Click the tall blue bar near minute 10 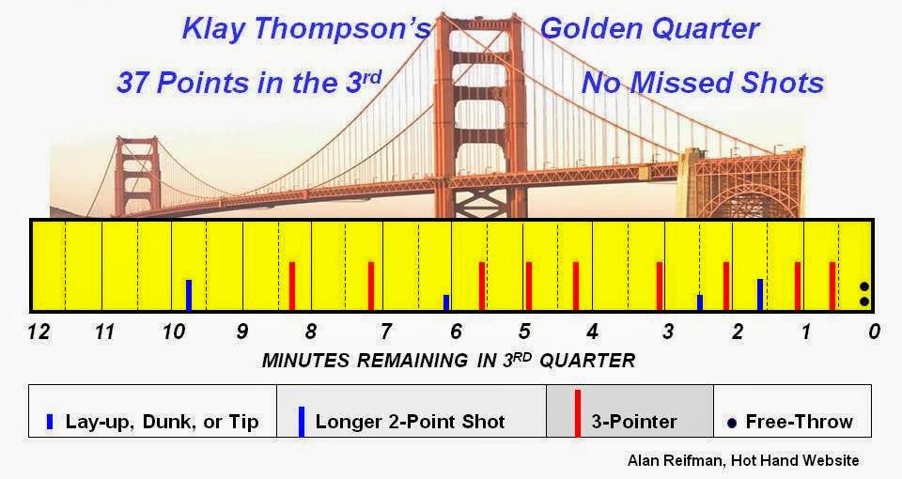click(189, 296)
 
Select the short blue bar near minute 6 click(446, 303)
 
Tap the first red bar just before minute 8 click(292, 286)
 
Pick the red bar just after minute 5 click(529, 286)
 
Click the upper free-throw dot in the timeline click(864, 286)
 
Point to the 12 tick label click(39, 332)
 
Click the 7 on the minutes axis click(385, 332)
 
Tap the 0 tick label click(875, 332)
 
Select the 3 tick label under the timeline click(668, 332)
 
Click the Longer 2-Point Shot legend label click(410, 422)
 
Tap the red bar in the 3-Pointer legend click(578, 413)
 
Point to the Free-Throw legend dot click(732, 424)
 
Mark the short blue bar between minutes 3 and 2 click(699, 303)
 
